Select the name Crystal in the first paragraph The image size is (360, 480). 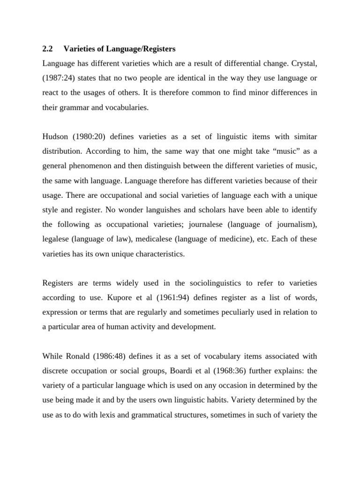coord(304,63)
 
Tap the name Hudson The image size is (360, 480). coord(56,136)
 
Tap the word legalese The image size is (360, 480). coord(56,240)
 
